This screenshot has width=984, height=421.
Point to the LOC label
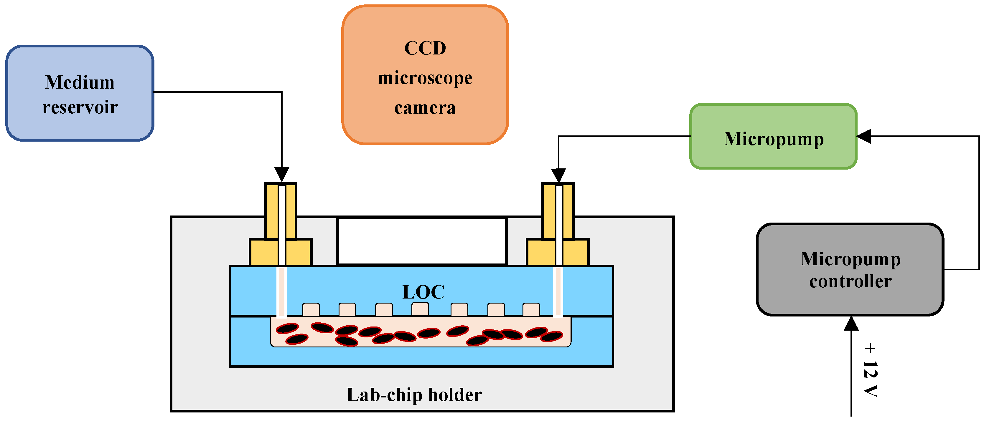(x=423, y=292)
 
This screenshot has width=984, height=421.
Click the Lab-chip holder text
(x=414, y=395)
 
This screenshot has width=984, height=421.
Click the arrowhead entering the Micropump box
(x=864, y=136)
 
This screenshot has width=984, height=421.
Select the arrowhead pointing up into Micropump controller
(x=851, y=324)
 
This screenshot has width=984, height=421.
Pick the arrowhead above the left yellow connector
(x=281, y=174)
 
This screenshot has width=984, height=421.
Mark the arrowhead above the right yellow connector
(x=558, y=175)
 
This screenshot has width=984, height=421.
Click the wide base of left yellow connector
(x=263, y=252)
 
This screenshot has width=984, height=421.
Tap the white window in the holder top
(x=422, y=241)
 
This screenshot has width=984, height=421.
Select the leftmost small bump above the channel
(x=311, y=309)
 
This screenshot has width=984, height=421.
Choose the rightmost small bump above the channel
(x=531, y=309)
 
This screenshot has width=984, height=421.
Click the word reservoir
(x=80, y=107)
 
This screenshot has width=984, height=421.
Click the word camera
(x=425, y=108)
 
